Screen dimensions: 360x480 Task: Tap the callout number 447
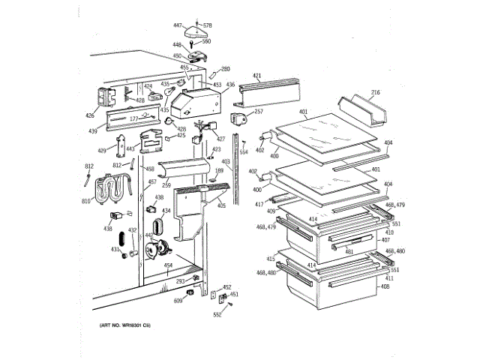pyautogui.click(x=177, y=25)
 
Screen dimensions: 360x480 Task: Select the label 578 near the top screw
pyautogui.click(x=208, y=25)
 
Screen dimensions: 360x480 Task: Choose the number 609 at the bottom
pyautogui.click(x=178, y=301)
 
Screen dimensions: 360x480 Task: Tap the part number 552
pyautogui.click(x=217, y=315)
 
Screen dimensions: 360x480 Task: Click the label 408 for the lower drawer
pyautogui.click(x=385, y=286)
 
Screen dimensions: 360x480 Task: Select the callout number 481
pyautogui.click(x=349, y=252)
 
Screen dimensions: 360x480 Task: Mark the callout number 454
pyautogui.click(x=169, y=266)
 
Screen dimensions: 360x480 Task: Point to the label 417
pyautogui.click(x=259, y=204)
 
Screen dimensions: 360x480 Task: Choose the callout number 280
pyautogui.click(x=225, y=69)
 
